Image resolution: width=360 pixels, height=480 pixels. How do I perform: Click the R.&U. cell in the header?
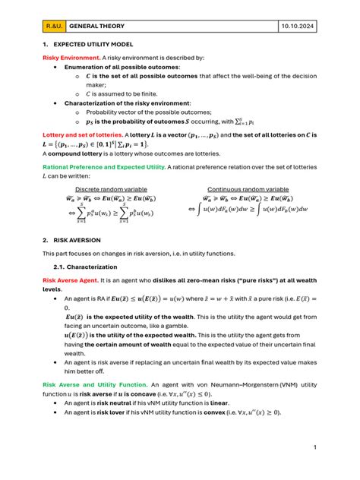point(53,26)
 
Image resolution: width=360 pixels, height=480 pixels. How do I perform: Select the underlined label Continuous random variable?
point(248,188)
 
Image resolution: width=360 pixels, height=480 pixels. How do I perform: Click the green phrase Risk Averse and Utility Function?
point(94,385)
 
